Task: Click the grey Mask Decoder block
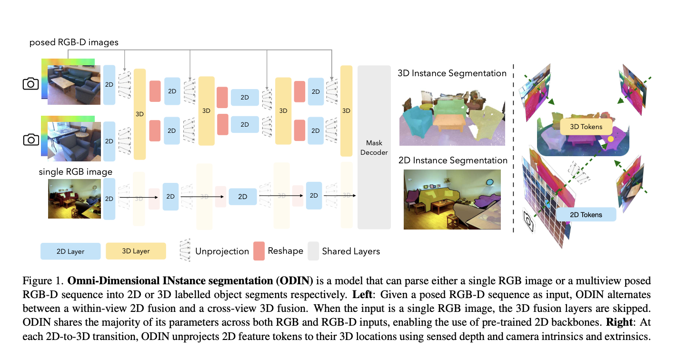374,148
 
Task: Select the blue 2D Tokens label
586,215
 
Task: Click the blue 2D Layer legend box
70,251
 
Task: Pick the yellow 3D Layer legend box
136,251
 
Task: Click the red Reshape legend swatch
259,250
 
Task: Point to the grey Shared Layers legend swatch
313,250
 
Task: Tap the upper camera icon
31,84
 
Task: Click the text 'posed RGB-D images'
74,42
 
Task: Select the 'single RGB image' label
75,171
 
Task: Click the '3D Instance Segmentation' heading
452,73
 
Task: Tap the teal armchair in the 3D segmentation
418,120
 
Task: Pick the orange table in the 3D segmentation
450,122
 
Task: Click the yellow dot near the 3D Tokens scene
610,139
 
